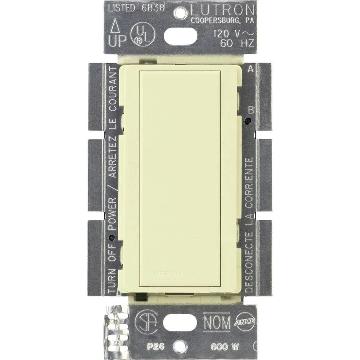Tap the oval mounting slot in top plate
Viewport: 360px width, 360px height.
(x=180, y=36)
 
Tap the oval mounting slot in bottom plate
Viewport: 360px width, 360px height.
(x=180, y=323)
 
